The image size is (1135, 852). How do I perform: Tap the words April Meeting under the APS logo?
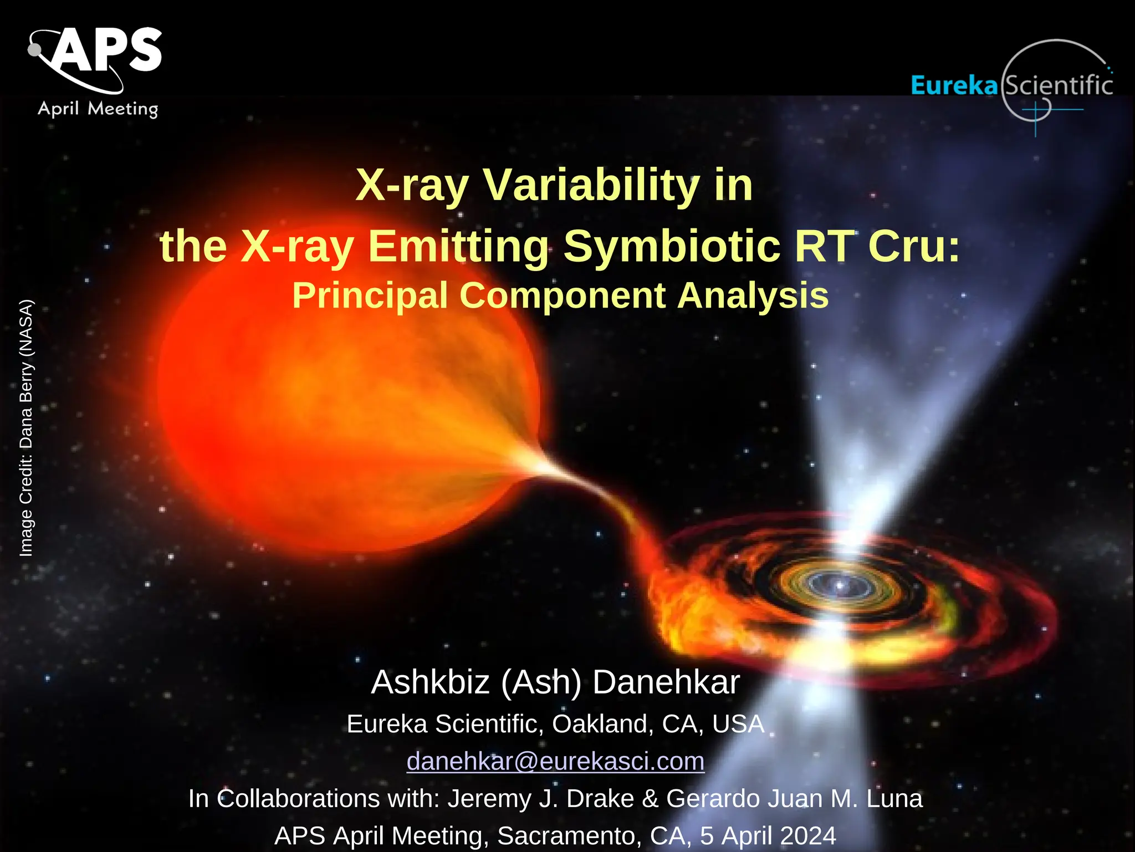click(x=98, y=108)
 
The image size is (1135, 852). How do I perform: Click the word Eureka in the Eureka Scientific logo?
click(x=954, y=85)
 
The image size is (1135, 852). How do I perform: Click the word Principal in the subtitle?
click(x=370, y=295)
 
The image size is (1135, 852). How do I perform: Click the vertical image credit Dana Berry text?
click(x=26, y=427)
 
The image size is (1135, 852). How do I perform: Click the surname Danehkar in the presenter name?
click(x=666, y=682)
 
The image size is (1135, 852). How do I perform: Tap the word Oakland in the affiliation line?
click(x=599, y=724)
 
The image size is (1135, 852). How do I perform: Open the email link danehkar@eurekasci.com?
click(x=555, y=761)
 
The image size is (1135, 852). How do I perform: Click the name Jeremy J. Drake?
click(x=540, y=799)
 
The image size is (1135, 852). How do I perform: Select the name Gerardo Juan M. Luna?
click(x=794, y=799)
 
